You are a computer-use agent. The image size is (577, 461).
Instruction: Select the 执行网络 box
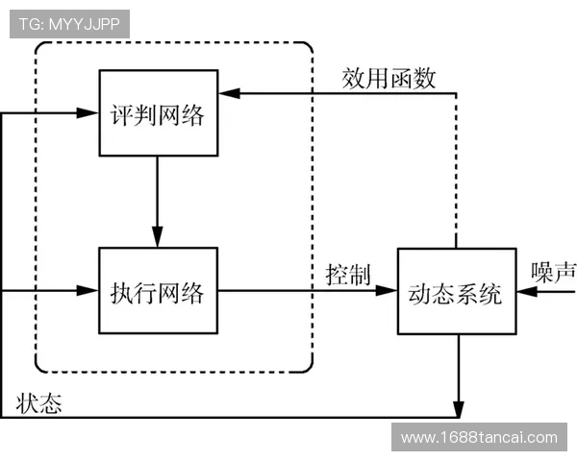point(158,290)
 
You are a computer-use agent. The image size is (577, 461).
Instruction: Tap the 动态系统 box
point(456,291)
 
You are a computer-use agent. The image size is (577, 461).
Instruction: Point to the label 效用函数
point(389,77)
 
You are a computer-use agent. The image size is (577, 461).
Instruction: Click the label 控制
point(347,274)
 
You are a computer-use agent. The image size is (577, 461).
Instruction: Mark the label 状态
point(39,403)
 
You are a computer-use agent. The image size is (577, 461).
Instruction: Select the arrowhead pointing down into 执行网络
point(158,238)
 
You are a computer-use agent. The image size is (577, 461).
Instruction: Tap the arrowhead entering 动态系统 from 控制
point(390,289)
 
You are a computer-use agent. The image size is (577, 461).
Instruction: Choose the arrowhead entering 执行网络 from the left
point(92,289)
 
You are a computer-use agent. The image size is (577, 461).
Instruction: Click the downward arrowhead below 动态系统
point(459,410)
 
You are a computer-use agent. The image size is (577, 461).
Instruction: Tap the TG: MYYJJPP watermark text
point(69,24)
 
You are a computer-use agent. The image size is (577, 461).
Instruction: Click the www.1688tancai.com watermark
point(479,438)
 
